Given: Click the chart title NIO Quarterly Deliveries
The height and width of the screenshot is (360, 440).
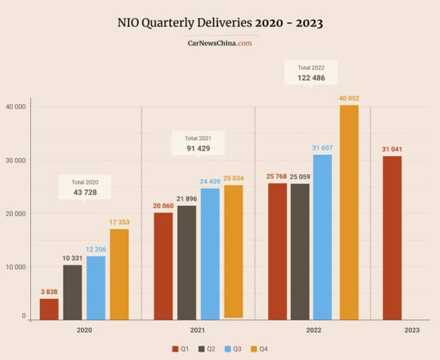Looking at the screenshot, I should coord(219,23).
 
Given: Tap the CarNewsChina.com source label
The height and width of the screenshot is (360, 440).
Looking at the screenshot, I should coord(220,44).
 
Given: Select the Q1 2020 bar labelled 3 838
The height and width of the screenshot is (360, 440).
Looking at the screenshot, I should coord(49,309).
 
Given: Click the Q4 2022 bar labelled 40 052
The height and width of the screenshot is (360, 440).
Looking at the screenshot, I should coord(349,212).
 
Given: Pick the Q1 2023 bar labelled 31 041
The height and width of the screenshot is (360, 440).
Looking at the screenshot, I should coord(391,237).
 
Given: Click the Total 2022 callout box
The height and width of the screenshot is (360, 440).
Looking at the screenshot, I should coord(311,73).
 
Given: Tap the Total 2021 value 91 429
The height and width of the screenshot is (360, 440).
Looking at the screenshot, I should coord(197,148).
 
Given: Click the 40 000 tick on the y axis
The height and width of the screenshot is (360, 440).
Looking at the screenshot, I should coord(15,107).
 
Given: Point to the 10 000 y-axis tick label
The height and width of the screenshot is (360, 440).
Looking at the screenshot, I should coord(15,267).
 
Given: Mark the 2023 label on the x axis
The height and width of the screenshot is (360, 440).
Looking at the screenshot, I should coord(412,330).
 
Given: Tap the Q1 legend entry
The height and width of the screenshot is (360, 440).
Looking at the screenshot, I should coord(181,349).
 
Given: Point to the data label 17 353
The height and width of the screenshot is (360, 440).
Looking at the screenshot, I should coord(119,222).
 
